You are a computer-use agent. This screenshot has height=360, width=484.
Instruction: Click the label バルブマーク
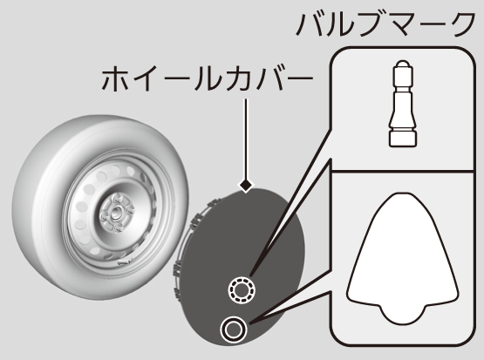click(385, 25)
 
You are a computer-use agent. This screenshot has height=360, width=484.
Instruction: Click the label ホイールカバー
click(208, 78)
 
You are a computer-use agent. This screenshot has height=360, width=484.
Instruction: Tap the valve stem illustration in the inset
click(403, 104)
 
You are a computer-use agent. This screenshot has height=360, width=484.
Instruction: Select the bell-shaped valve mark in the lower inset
click(403, 259)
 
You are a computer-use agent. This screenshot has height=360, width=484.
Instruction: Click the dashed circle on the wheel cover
click(242, 290)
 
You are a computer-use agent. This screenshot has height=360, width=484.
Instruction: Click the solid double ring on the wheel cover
click(234, 329)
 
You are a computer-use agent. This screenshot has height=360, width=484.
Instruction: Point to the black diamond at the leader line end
click(246, 186)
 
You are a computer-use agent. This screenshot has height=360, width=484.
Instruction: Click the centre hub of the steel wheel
click(117, 212)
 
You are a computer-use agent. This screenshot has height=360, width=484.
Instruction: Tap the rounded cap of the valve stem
click(403, 65)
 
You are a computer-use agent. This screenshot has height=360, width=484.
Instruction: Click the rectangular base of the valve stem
click(403, 139)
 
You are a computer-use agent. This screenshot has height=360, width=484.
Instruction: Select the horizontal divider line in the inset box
click(403, 170)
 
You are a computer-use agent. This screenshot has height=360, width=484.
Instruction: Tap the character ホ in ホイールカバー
click(115, 78)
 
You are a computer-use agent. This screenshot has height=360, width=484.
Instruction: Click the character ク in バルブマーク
click(462, 25)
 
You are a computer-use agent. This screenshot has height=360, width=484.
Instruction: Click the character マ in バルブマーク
click(404, 25)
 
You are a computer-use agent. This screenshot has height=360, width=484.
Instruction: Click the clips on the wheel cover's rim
click(185, 247)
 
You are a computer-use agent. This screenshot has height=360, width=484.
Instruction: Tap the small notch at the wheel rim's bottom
click(124, 262)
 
